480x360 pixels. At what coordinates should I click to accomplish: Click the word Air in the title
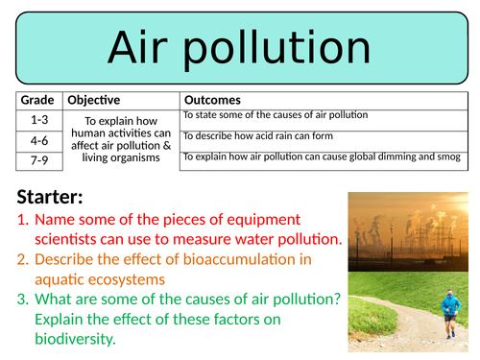click(x=146, y=48)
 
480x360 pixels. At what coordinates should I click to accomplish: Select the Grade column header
click(x=37, y=100)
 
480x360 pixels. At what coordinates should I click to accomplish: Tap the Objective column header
click(x=94, y=100)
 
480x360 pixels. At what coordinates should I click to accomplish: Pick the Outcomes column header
click(x=212, y=100)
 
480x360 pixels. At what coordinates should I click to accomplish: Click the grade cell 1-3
click(x=37, y=120)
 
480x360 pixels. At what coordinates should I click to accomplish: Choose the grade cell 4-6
click(x=37, y=140)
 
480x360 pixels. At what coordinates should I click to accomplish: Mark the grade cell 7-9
click(x=37, y=159)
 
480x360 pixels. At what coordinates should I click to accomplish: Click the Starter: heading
click(x=50, y=199)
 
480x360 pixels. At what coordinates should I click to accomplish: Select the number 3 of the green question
click(x=22, y=299)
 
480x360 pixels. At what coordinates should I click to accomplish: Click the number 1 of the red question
click(x=22, y=219)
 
